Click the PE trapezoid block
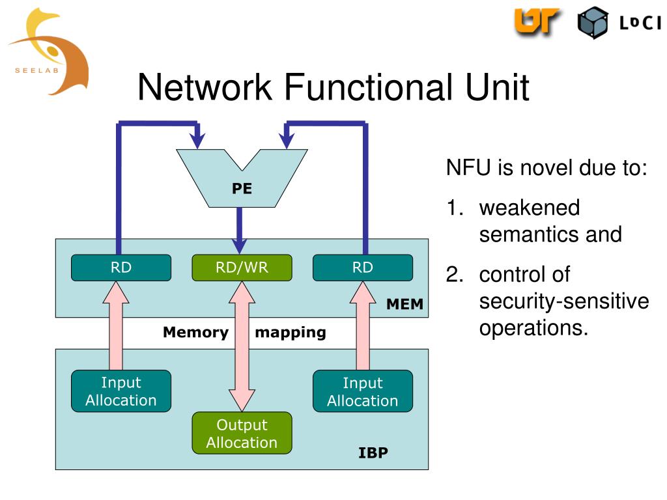(242, 187)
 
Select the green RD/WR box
(242, 268)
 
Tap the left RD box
(121, 268)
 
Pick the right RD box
(362, 268)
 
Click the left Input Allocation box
(121, 391)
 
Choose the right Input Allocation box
(362, 391)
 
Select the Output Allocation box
(242, 433)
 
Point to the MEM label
(404, 304)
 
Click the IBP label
(373, 453)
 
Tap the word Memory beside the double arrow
(195, 332)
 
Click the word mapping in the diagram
(291, 333)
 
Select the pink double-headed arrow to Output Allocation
(242, 346)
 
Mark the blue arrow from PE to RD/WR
(240, 230)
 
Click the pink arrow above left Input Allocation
(116, 326)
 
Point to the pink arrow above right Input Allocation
(363, 326)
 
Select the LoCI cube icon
(593, 23)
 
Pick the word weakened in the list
(529, 208)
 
